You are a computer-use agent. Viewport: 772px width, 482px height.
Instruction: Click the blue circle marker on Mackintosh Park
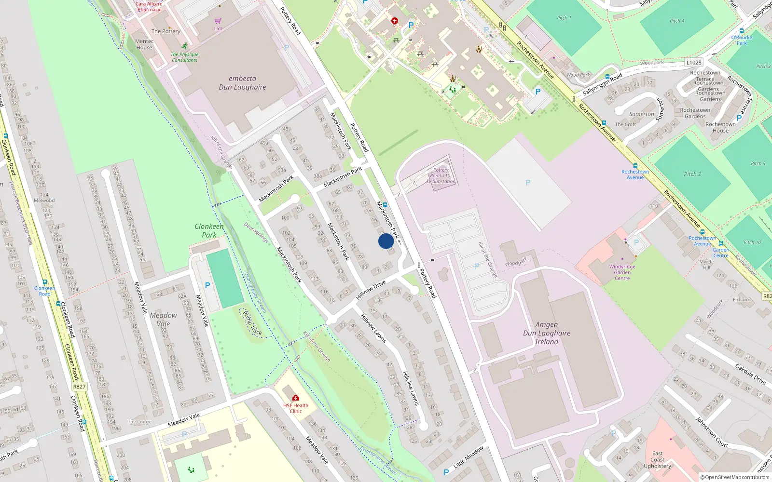[x=386, y=241]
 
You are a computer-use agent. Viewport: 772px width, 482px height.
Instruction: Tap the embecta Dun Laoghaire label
[x=242, y=83]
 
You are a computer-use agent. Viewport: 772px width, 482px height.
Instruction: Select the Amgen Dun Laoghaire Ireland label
[x=547, y=333]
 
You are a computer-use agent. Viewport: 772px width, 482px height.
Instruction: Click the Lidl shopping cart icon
[x=218, y=21]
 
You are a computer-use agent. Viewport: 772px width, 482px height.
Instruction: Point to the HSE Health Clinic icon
[x=296, y=398]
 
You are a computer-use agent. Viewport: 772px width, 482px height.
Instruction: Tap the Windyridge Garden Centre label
[x=622, y=272]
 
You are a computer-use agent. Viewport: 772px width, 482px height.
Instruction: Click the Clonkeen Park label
[x=209, y=230]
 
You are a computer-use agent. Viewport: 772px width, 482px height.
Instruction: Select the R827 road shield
[x=79, y=387]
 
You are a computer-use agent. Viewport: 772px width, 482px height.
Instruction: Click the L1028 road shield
[x=694, y=62]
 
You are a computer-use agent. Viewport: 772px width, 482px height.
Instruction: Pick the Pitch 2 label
[x=692, y=174]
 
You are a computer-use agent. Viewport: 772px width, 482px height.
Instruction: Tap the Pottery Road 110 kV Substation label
[x=441, y=176]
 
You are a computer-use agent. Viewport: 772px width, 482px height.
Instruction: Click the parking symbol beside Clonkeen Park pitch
[x=207, y=285]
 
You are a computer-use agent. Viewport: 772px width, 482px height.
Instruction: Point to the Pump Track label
[x=252, y=323]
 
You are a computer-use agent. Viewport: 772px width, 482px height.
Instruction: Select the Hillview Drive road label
[x=371, y=290]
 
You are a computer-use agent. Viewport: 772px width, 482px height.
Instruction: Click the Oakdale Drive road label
[x=750, y=374]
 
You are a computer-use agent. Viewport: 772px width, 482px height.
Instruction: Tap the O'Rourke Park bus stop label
[x=742, y=40]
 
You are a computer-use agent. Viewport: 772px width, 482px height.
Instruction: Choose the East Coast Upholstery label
[x=657, y=460]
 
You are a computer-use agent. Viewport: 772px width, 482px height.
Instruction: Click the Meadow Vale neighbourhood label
[x=164, y=319]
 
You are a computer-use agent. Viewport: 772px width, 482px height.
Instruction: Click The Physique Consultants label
[x=184, y=57]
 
